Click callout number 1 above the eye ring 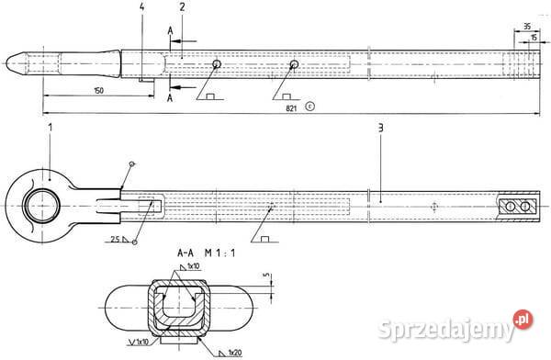50,124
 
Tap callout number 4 142,7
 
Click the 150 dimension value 99,90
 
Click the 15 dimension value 534,39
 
